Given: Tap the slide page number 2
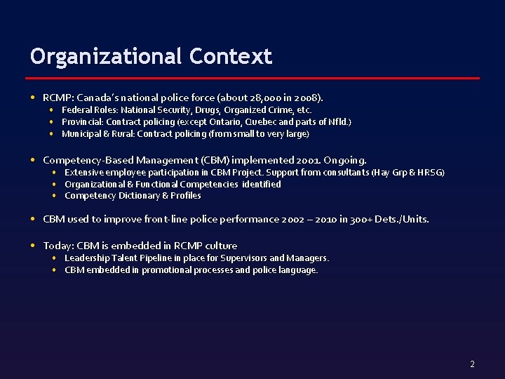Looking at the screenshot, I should [x=472, y=364].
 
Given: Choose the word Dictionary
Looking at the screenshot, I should [x=140, y=197].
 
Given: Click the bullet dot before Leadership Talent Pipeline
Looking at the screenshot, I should [x=55, y=258].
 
